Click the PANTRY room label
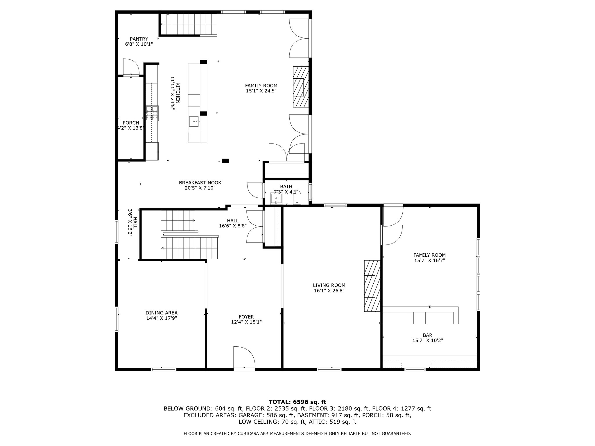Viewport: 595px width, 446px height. coord(139,39)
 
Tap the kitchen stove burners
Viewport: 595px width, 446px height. coord(152,113)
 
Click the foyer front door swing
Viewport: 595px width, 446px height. coord(244,357)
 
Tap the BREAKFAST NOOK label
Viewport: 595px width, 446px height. coord(200,183)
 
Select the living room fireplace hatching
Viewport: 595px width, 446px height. coord(372,286)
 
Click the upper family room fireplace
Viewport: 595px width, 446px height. coord(301,87)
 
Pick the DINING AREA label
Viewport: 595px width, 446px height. coord(162,313)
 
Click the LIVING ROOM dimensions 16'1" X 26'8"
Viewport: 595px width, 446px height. coord(329,290)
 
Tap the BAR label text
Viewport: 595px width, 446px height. coord(428,335)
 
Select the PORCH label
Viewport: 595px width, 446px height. coord(131,123)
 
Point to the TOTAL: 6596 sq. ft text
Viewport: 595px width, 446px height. coord(297,402)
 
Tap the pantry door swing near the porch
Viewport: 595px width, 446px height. coord(131,67)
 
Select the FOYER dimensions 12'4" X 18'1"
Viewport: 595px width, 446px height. coord(246,322)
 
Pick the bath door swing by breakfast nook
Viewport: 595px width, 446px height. coord(255,190)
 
